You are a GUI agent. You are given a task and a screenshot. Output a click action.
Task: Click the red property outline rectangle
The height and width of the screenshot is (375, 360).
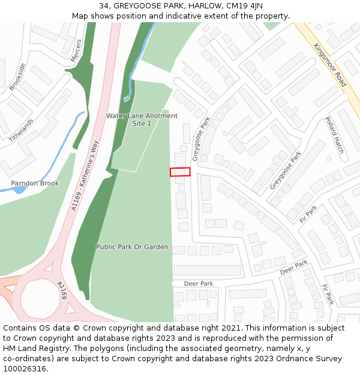pyautogui.click(x=180, y=172)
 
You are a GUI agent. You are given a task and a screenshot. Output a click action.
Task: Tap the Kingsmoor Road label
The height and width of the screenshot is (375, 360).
pyautogui.click(x=330, y=67)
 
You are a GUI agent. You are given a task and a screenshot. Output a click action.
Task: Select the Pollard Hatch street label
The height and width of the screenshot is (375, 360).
pyautogui.click(x=335, y=136)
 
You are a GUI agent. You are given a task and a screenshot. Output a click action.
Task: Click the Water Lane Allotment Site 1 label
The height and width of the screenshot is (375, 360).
pyautogui.click(x=142, y=119)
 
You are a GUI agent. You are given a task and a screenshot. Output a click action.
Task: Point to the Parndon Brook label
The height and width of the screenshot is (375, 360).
pyautogui.click(x=35, y=184)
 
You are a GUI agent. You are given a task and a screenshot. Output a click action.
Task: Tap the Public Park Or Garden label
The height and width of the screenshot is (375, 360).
pyautogui.click(x=132, y=247)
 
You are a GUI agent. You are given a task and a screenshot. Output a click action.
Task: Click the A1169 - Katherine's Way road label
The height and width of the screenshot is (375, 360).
pyautogui.click(x=84, y=175)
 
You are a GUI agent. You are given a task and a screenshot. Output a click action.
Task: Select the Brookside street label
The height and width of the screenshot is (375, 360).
pyautogui.click(x=17, y=77)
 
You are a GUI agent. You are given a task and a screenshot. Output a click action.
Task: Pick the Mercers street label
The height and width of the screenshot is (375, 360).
pyautogui.click(x=76, y=50)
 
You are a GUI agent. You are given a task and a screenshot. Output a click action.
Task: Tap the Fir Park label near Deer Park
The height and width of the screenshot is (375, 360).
pyautogui.click(x=327, y=294)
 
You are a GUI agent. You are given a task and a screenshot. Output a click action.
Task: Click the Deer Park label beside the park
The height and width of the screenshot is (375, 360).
pyautogui.click(x=199, y=284)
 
